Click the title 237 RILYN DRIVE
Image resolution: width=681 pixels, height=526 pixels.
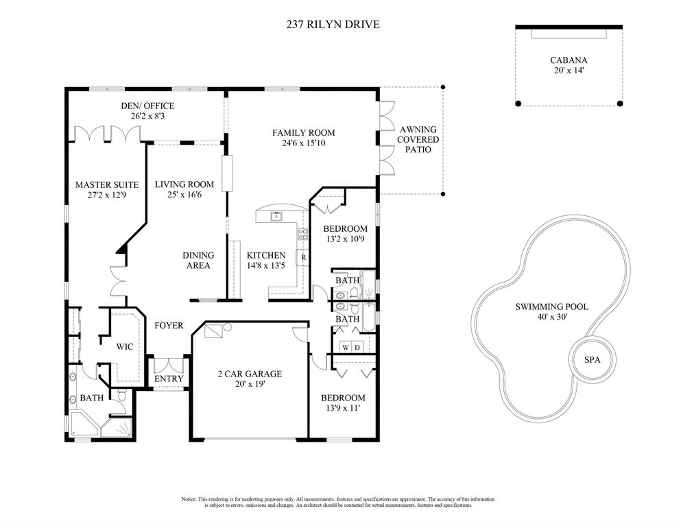pos(333,24)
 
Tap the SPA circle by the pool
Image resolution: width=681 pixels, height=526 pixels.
pos(592,359)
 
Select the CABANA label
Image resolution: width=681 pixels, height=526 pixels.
pos(569,60)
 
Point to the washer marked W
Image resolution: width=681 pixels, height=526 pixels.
pos(346,347)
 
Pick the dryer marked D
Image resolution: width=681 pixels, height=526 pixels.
pos(357,347)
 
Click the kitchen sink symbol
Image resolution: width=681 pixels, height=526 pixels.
pos(276,216)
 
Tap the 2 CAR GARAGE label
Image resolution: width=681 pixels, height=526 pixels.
pos(250,374)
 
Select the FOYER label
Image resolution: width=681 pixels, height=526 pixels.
pos(169,325)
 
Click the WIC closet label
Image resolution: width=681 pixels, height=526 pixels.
pos(125,346)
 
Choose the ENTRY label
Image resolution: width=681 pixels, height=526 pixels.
pos(169,379)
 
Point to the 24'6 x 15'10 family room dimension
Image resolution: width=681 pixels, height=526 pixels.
pos(304,143)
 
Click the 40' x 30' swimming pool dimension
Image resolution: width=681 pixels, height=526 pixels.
pos(552,317)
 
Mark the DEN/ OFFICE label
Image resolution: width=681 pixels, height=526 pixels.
pos(147,106)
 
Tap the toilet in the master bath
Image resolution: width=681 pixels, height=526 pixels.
pos(121,396)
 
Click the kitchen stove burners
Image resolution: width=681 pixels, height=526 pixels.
pos(302,235)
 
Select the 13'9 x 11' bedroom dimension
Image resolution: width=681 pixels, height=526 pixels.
pos(343,408)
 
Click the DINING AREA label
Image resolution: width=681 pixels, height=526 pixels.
pos(198,260)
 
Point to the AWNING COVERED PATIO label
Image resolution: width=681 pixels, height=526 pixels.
pos(418,139)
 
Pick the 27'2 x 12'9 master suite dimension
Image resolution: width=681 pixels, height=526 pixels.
pos(107,195)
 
